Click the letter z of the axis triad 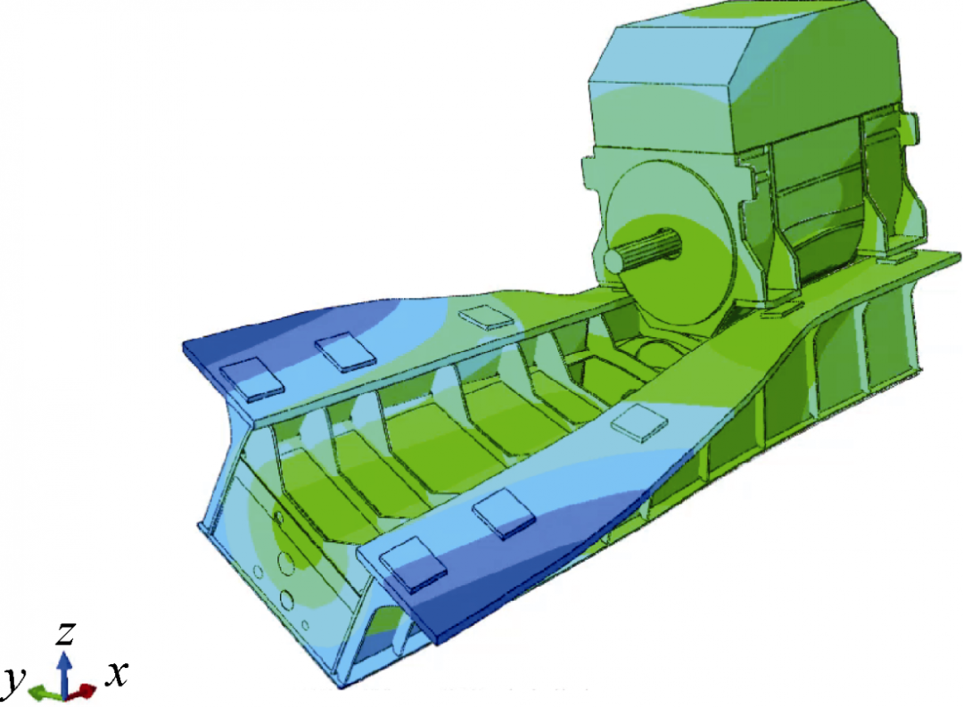click(66, 633)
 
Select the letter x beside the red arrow click(116, 674)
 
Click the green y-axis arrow click(45, 692)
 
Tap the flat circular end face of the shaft click(614, 260)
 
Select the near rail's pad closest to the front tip click(413, 563)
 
